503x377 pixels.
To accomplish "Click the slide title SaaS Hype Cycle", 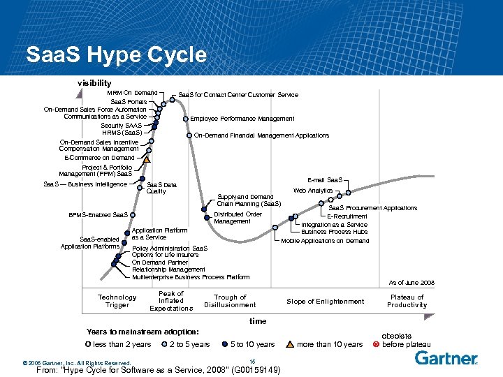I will pyautogui.click(x=116, y=54).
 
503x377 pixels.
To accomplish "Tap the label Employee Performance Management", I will pyautogui.click(x=242, y=119).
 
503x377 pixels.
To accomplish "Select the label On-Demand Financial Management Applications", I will pyautogui.click(x=261, y=135).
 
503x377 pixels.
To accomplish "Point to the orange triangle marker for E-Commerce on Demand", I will pyautogui.click(x=147, y=159).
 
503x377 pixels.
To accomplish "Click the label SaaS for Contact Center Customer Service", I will pyautogui.click(x=238, y=95).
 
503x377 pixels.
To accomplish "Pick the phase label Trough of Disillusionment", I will pyautogui.click(x=230, y=301).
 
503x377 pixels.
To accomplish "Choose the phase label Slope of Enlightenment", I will pyautogui.click(x=326, y=301).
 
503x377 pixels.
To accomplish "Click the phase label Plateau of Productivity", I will pyautogui.click(x=407, y=301).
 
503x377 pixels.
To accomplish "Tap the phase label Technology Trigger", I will pyautogui.click(x=117, y=301).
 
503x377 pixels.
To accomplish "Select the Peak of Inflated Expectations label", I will pyautogui.click(x=171, y=301).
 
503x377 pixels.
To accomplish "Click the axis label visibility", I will pyautogui.click(x=94, y=82).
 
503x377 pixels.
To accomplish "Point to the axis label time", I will pyautogui.click(x=258, y=321).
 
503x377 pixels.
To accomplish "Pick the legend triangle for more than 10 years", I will pyautogui.click(x=290, y=344).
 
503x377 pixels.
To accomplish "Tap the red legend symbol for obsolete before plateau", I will pyautogui.click(x=375, y=344).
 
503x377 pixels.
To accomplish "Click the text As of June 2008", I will pyautogui.click(x=411, y=283).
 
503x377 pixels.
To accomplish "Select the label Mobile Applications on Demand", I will pyautogui.click(x=325, y=241).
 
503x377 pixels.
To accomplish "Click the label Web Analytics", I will pyautogui.click(x=313, y=191).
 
